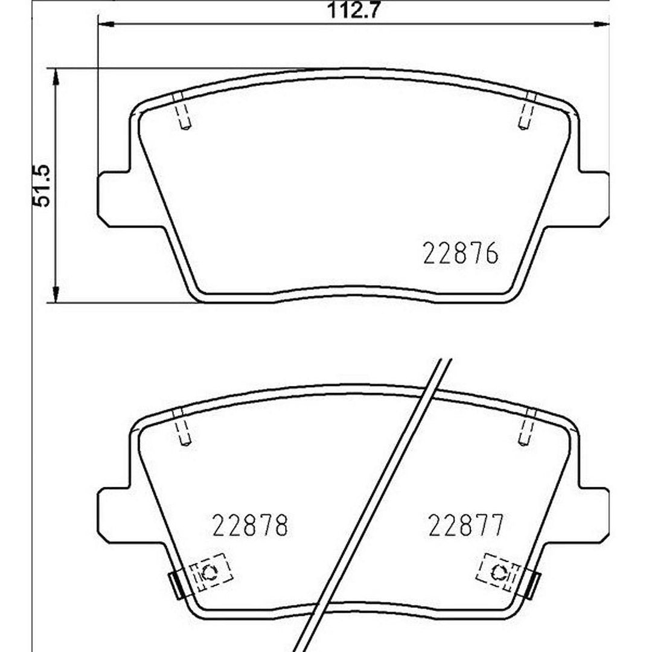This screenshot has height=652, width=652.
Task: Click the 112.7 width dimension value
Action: [x=353, y=10]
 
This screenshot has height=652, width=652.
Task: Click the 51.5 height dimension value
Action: [x=42, y=185]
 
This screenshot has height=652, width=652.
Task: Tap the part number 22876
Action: [x=460, y=253]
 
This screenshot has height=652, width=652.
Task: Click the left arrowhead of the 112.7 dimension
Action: [x=106, y=25]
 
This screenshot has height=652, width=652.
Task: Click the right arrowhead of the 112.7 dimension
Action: [x=601, y=25]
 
